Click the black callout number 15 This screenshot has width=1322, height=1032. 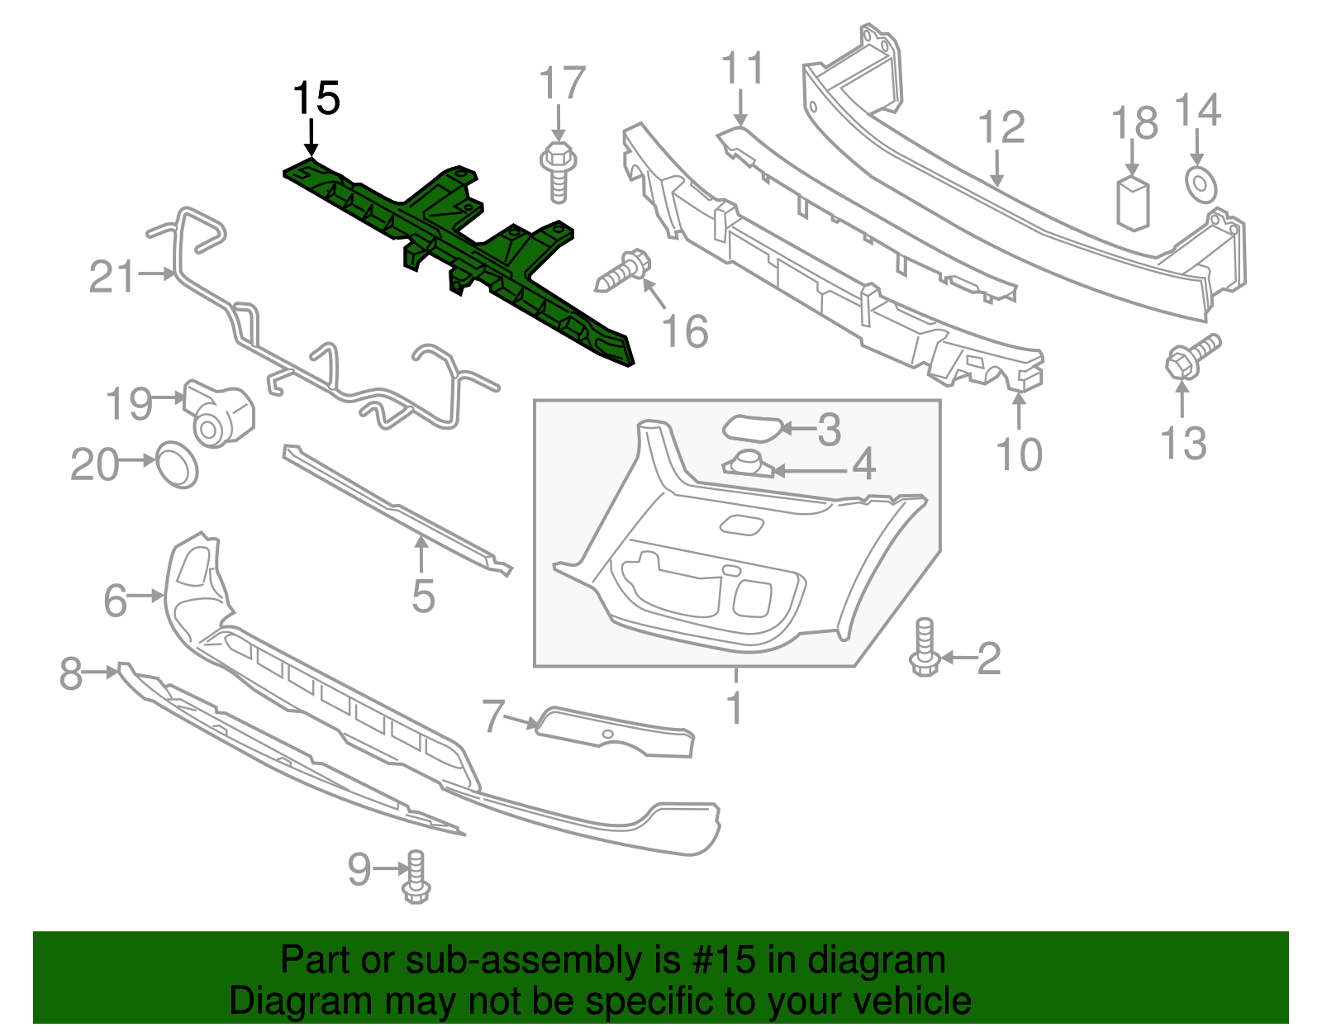click(x=316, y=99)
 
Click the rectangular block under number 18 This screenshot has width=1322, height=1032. click(x=1133, y=202)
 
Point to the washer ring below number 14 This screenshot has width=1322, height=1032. click(x=1201, y=183)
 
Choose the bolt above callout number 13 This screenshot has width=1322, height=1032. click(x=1191, y=356)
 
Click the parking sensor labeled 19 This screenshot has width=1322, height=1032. click(x=219, y=414)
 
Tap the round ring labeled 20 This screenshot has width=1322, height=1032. click(x=177, y=464)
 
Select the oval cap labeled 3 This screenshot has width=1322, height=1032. click(x=751, y=427)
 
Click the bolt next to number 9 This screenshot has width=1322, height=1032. click(x=416, y=877)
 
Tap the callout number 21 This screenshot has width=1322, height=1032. click(x=112, y=277)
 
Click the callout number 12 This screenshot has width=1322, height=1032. click(x=1001, y=128)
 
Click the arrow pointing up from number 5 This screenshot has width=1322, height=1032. click(x=421, y=554)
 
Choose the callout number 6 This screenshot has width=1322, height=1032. click(x=115, y=600)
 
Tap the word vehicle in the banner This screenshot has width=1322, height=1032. click(x=911, y=1001)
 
